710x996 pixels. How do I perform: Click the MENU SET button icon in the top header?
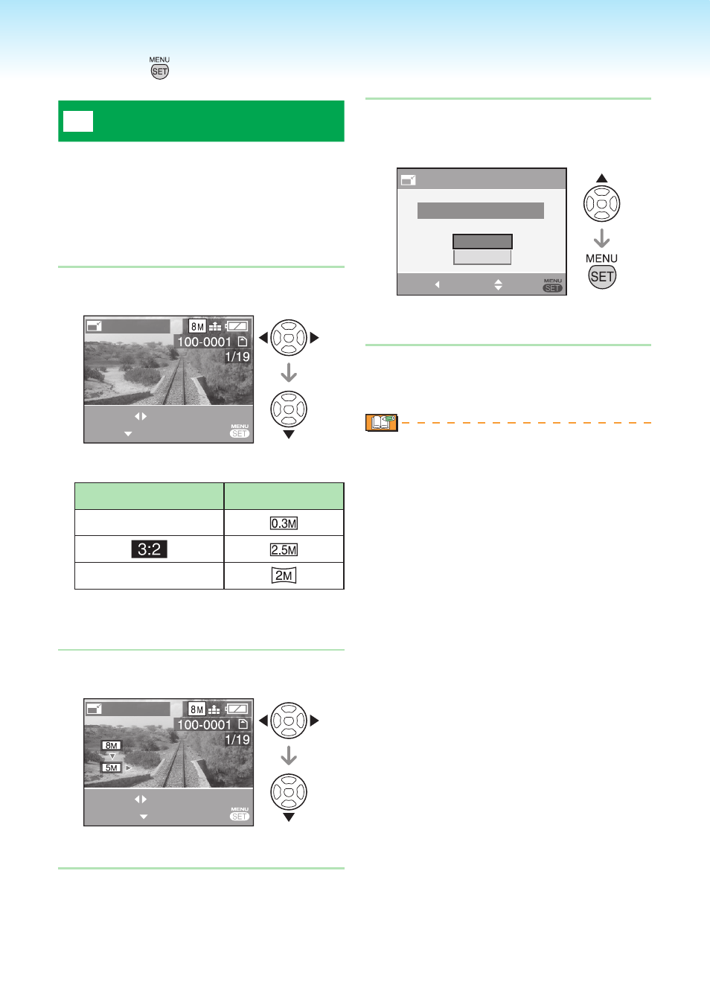click(x=159, y=68)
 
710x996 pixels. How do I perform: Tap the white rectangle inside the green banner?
click(x=78, y=121)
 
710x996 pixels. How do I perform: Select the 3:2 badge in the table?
click(x=150, y=549)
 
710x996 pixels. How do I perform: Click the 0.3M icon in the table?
click(x=284, y=523)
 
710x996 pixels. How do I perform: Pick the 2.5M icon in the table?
click(x=284, y=549)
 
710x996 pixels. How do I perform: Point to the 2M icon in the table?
click(x=284, y=575)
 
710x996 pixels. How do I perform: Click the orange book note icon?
click(x=382, y=422)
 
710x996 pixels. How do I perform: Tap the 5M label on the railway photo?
click(x=111, y=767)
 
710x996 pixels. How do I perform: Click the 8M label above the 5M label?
click(x=111, y=745)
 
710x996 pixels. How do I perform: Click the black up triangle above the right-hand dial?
click(x=601, y=178)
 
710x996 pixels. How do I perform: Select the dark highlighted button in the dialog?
click(x=482, y=241)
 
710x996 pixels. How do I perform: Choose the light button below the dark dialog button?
click(x=482, y=257)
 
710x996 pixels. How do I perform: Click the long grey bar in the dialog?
click(x=481, y=211)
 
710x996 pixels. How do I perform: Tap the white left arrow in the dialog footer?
click(x=438, y=284)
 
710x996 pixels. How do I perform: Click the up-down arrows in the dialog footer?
click(x=499, y=284)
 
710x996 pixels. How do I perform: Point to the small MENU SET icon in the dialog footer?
click(x=553, y=285)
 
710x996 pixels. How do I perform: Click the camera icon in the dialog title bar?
click(x=408, y=179)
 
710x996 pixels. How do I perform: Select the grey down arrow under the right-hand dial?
click(x=601, y=238)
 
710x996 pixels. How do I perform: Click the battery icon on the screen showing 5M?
click(x=237, y=709)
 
